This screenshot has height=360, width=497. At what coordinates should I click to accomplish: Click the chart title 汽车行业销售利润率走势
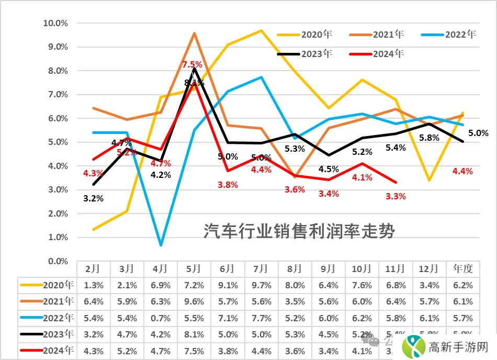(299, 231)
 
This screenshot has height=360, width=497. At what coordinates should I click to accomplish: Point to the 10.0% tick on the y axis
(55, 24)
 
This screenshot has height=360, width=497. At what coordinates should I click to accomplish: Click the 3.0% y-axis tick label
(57, 190)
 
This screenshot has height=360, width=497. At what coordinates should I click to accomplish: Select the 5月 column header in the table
(194, 269)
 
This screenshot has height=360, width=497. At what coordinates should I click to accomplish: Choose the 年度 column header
(462, 269)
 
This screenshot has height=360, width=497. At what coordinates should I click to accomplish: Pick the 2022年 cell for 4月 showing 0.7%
(160, 318)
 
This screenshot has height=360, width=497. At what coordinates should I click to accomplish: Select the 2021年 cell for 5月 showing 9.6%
(194, 302)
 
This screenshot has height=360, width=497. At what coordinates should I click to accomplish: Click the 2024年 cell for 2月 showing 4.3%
(93, 351)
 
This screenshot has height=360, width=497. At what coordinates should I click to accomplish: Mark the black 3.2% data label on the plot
(93, 198)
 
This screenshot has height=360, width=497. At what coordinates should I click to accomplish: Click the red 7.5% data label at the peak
(192, 64)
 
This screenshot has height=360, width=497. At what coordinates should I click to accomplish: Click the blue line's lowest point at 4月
(161, 244)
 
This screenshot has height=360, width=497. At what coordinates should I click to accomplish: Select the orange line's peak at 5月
(194, 33)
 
